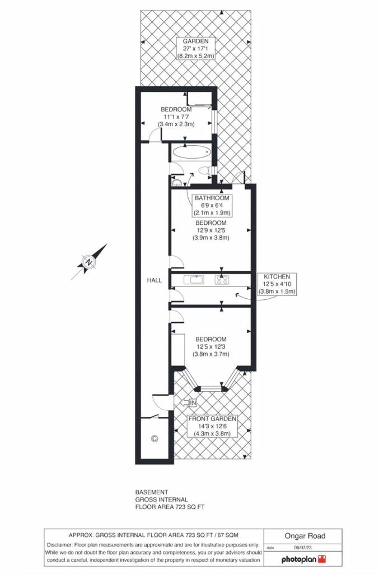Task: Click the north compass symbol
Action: (x=88, y=262)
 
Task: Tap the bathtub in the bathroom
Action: (x=191, y=152)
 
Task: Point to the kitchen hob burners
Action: (x=222, y=280)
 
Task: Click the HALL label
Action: (x=155, y=280)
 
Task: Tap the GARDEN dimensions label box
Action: (x=195, y=49)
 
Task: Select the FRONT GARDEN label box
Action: (x=212, y=426)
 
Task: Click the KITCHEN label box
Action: (x=277, y=284)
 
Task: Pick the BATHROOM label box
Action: (x=212, y=205)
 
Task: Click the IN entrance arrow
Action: (x=189, y=403)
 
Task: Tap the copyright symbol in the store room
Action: (x=155, y=438)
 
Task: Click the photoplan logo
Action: (x=303, y=559)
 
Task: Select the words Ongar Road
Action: (x=305, y=536)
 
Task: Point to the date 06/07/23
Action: (x=303, y=548)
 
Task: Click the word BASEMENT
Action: (x=152, y=492)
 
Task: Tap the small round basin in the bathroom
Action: (x=176, y=182)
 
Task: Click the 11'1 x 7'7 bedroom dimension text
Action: (x=176, y=117)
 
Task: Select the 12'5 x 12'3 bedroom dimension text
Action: (x=211, y=346)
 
